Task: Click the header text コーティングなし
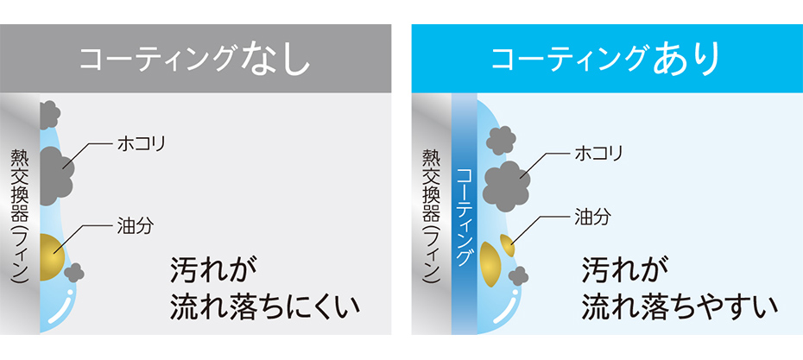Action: click(195, 60)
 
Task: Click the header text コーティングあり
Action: click(606, 60)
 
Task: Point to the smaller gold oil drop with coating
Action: click(507, 245)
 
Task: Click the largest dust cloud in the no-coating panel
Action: click(55, 175)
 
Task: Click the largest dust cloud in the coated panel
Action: click(507, 186)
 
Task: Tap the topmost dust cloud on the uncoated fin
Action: click(49, 115)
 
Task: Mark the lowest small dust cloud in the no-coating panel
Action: click(73, 272)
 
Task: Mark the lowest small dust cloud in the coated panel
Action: click(518, 276)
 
